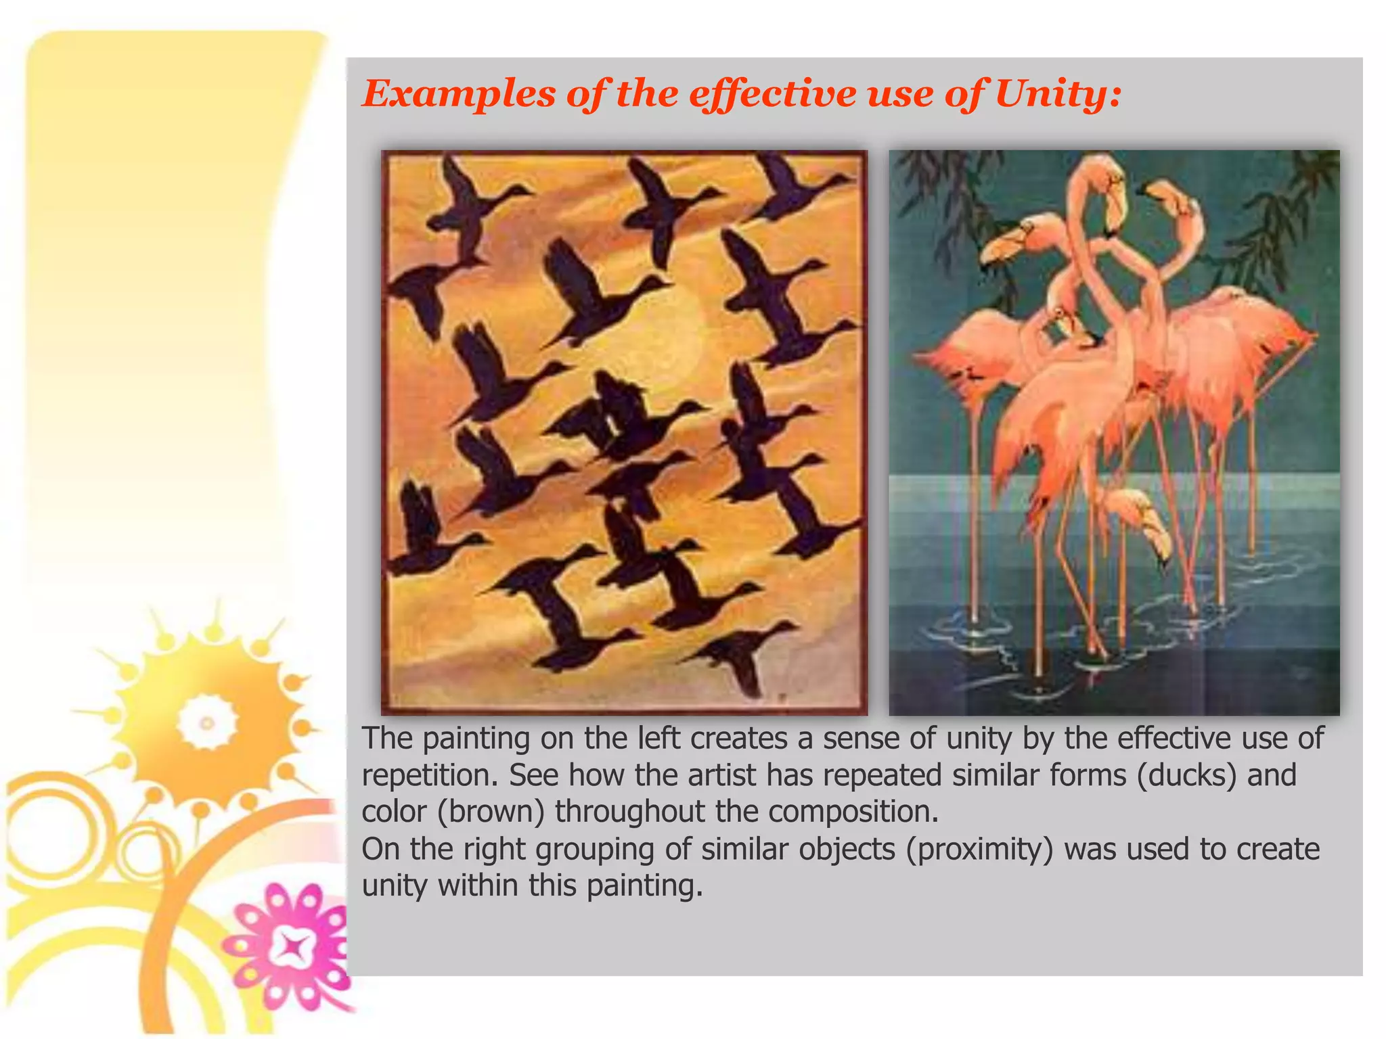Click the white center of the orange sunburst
click(x=206, y=722)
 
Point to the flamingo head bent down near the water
click(x=1144, y=521)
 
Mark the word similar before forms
click(x=995, y=775)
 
